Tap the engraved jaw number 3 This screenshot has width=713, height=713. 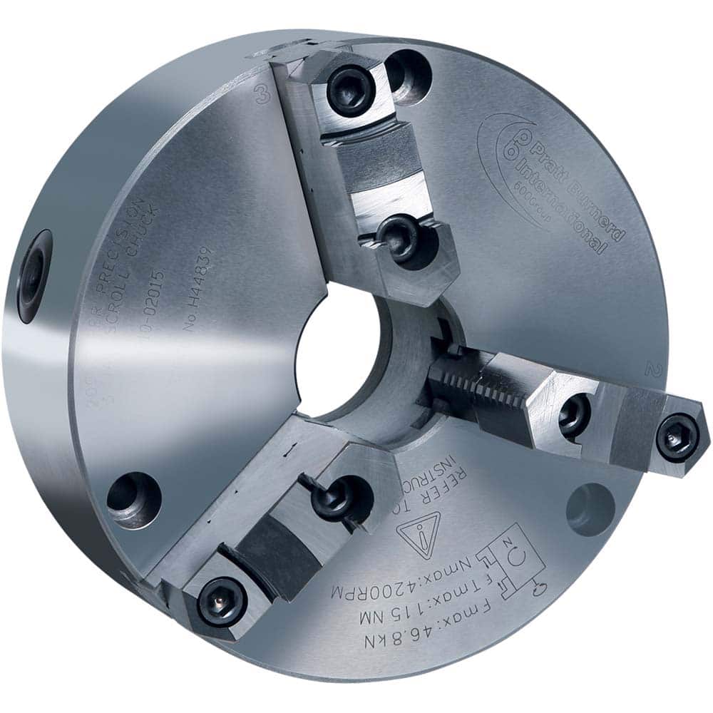(262, 96)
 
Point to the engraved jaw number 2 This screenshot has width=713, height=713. (650, 368)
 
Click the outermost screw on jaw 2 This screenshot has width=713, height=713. (677, 436)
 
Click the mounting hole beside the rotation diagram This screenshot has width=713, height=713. (590, 507)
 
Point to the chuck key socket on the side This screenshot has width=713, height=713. (34, 275)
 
